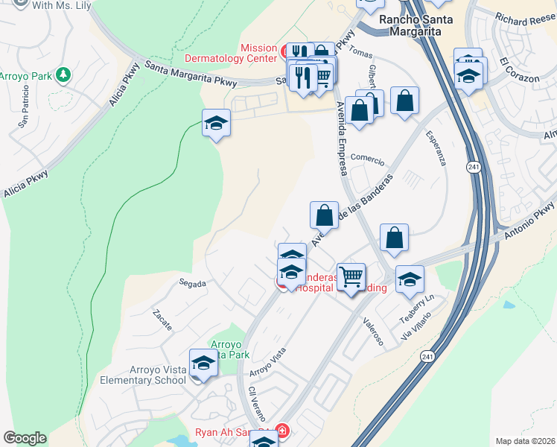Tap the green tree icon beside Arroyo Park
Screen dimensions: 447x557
coord(64,74)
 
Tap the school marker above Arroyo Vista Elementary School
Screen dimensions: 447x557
coord(203,363)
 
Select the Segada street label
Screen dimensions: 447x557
coord(192,283)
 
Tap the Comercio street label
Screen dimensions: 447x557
coord(367,159)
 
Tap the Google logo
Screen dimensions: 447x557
coord(25,438)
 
